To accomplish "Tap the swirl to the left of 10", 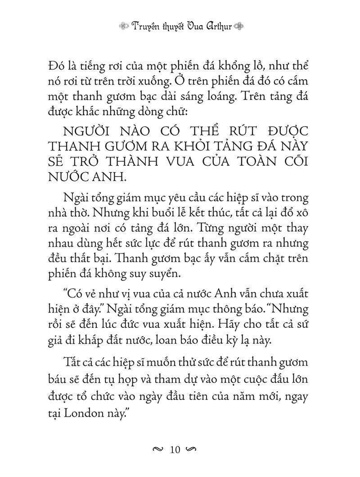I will tap(158, 450).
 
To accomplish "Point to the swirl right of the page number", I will tap(192, 450).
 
